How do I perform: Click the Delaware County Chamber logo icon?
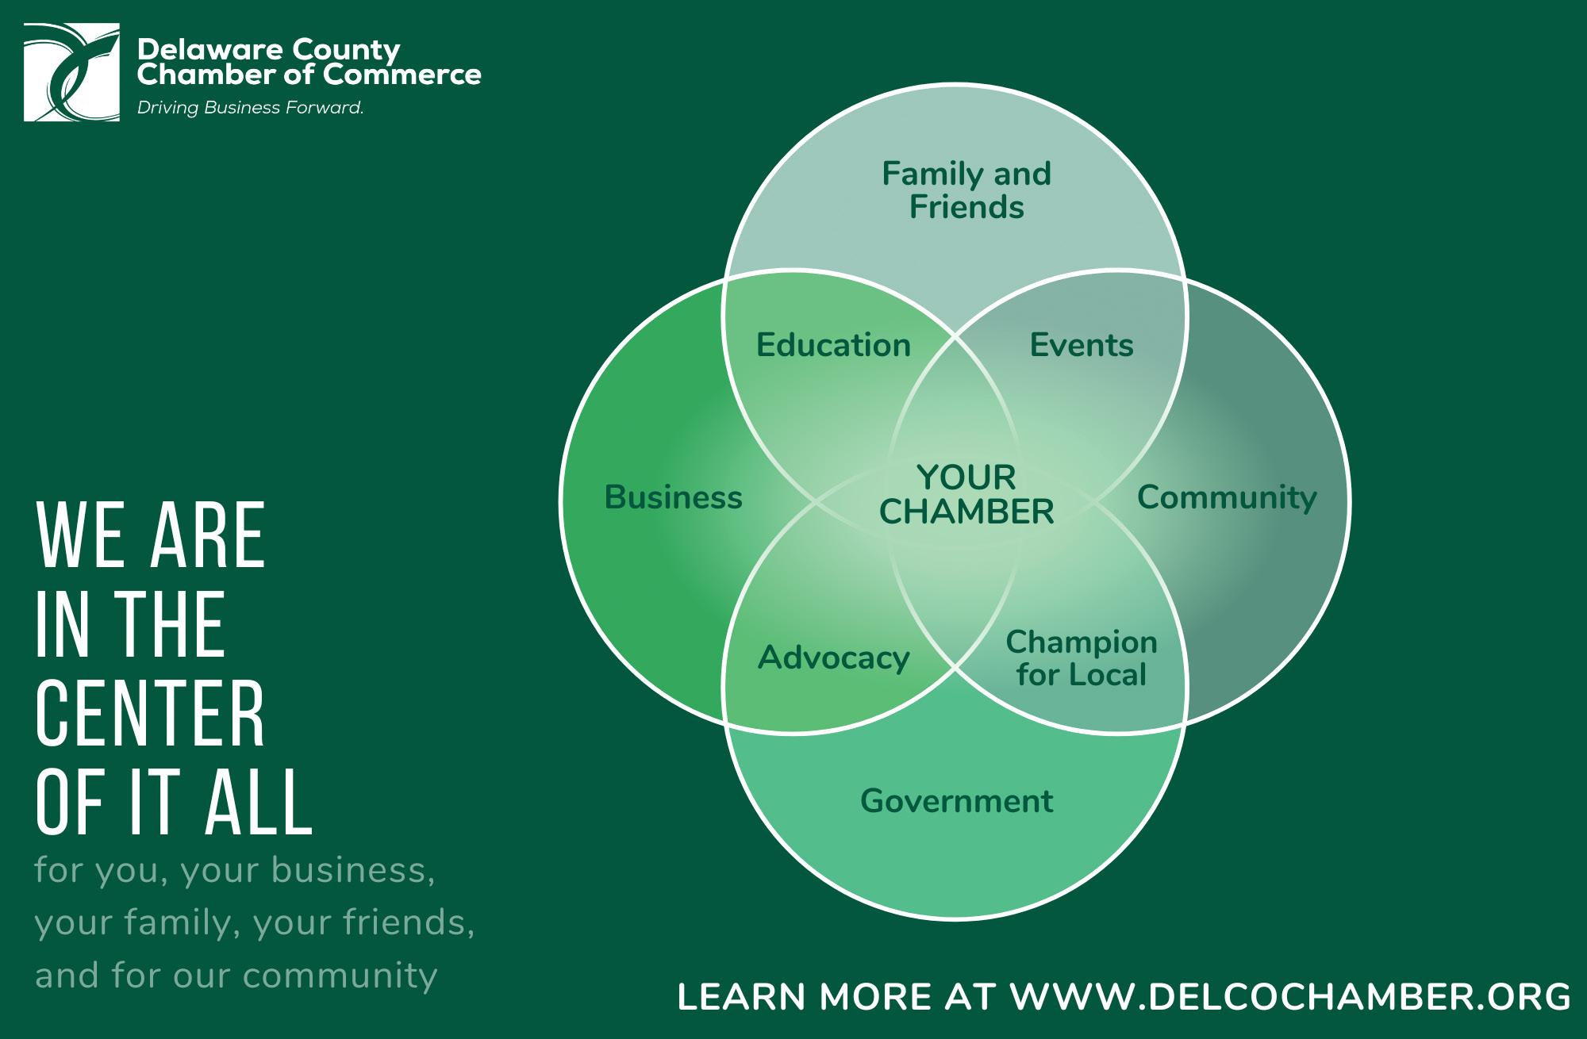pyautogui.click(x=71, y=72)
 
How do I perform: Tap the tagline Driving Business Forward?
pyautogui.click(x=250, y=108)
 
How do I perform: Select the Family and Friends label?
pyautogui.click(x=966, y=190)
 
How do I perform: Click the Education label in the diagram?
pyautogui.click(x=833, y=345)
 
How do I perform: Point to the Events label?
pyautogui.click(x=1082, y=345)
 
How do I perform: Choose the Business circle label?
pyautogui.click(x=673, y=497)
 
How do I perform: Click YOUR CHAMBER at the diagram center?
pyautogui.click(x=966, y=495)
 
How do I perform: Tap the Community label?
pyautogui.click(x=1226, y=497)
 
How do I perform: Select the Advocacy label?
pyautogui.click(x=833, y=658)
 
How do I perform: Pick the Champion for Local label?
pyautogui.click(x=1082, y=658)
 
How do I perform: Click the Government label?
pyautogui.click(x=956, y=801)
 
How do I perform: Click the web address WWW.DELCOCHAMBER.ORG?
pyautogui.click(x=1290, y=997)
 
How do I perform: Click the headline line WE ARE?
pyautogui.click(x=150, y=535)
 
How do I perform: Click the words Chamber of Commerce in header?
pyautogui.click(x=309, y=75)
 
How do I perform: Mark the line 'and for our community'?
pyautogui.click(x=236, y=975)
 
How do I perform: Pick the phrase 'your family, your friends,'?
pyautogui.click(x=254, y=922)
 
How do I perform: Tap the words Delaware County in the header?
pyautogui.click(x=268, y=50)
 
